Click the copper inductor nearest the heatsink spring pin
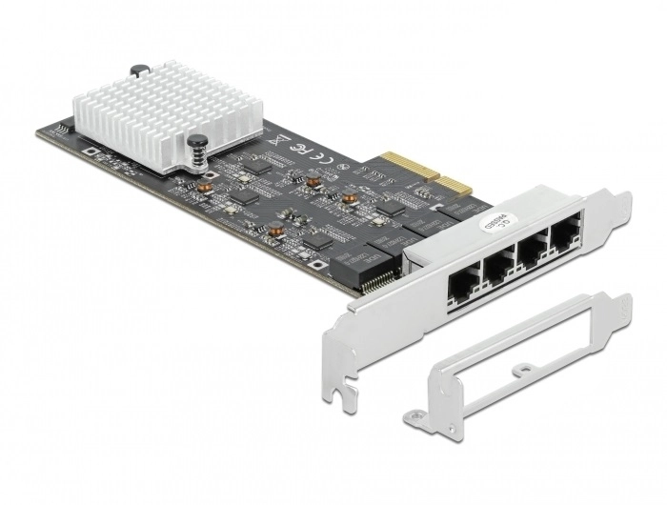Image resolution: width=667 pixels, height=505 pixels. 205,187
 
